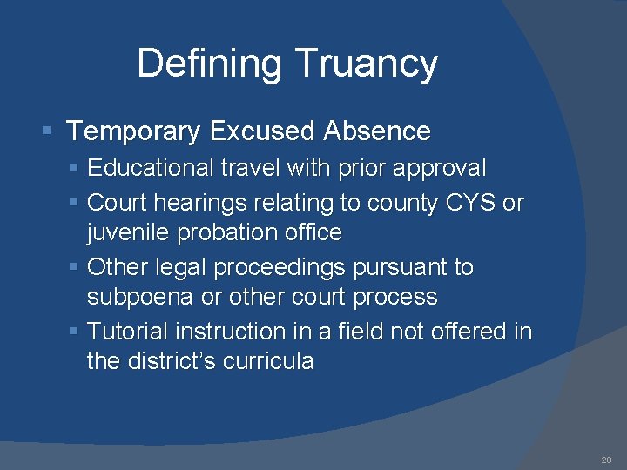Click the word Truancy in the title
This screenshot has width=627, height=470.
[x=366, y=64]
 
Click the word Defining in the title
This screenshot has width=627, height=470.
[x=211, y=64]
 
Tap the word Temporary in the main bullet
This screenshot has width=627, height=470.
[x=133, y=131]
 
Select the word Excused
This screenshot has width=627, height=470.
[x=262, y=131]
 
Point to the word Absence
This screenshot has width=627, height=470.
[x=376, y=131]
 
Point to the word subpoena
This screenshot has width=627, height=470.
[x=140, y=297]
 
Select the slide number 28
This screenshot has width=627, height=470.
[x=606, y=460]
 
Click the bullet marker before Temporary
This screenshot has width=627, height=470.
[x=49, y=132]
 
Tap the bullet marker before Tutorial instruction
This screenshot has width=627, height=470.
[x=74, y=332]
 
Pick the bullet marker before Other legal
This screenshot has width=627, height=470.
[x=74, y=268]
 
